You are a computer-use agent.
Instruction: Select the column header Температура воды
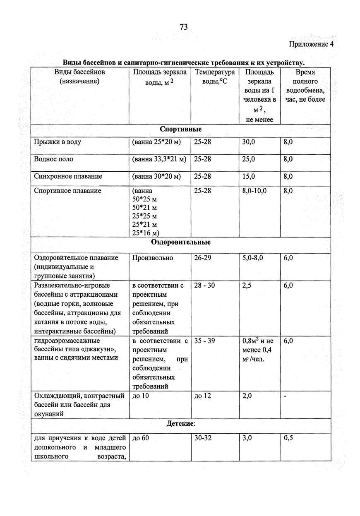click(215, 77)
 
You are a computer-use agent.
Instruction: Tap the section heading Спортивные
click(181, 130)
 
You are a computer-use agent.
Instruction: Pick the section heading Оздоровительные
click(181, 242)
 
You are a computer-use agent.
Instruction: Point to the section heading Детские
click(181, 424)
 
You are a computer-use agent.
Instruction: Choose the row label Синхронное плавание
click(68, 177)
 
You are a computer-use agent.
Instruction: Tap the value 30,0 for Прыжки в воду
click(249, 142)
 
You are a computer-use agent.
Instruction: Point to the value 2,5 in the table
click(247, 286)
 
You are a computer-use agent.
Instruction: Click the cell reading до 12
click(202, 396)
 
